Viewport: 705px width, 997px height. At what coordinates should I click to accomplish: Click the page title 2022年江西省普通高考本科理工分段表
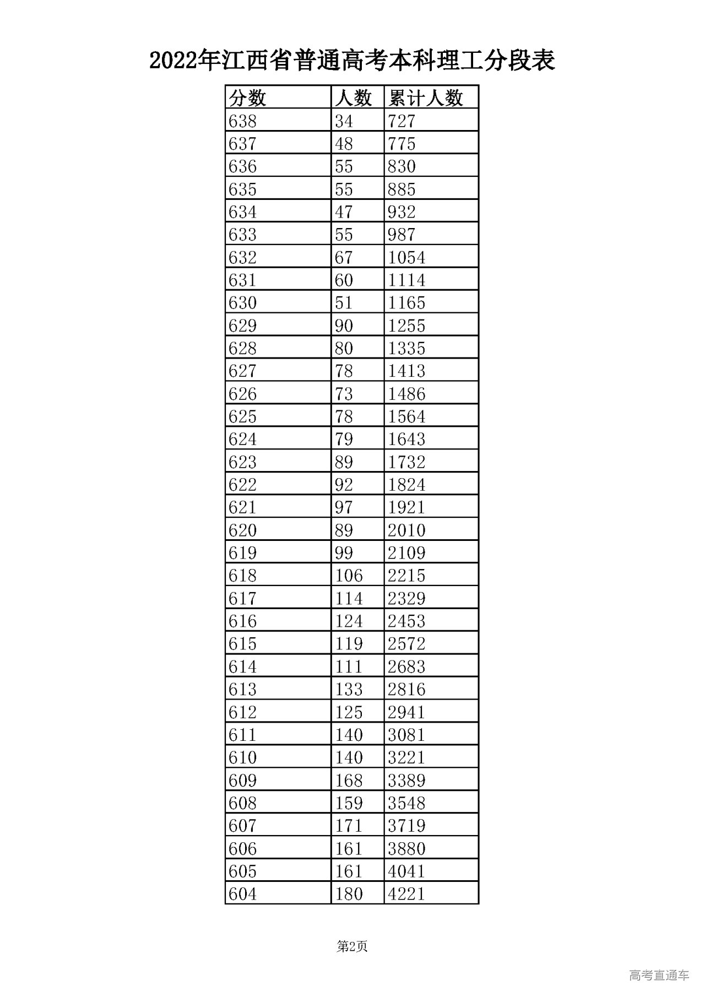point(352,61)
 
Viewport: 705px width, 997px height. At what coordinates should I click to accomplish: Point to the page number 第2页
point(352,947)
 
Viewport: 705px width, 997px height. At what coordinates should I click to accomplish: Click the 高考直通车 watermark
point(659,976)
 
